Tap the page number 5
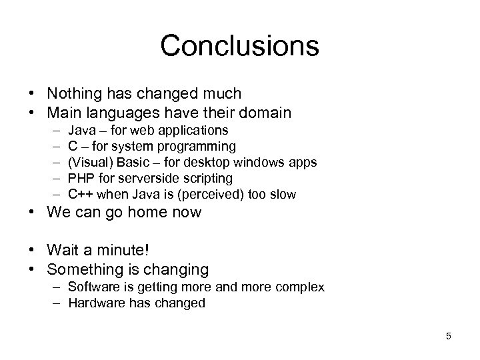(449, 336)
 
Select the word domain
(265, 113)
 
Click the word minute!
(125, 251)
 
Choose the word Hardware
(94, 303)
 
